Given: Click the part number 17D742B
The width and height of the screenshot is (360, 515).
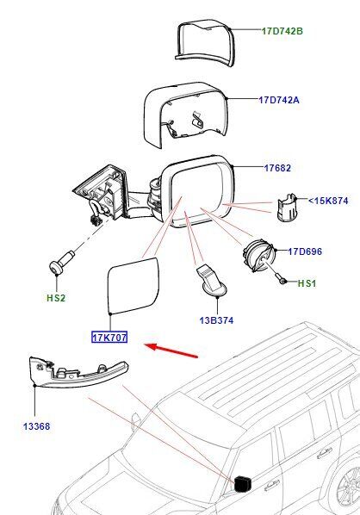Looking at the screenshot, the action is (x=282, y=31).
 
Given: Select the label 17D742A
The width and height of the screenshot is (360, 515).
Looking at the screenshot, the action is (x=279, y=100).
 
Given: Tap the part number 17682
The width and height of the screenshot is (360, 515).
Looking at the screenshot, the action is (x=277, y=168).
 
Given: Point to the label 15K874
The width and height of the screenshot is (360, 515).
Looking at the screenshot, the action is (x=331, y=201).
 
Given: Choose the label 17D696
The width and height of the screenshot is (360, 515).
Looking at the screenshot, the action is (x=305, y=251).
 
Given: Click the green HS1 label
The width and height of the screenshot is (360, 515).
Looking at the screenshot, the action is (x=307, y=283).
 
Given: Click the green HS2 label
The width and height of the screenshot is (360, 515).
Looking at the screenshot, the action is (x=56, y=298).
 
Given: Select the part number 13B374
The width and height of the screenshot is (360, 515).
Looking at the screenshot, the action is (x=216, y=320).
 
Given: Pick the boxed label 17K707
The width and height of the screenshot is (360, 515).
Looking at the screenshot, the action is (x=109, y=337).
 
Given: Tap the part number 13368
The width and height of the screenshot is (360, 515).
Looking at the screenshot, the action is (x=36, y=426).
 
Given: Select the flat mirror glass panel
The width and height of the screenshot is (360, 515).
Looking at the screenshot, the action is (x=133, y=287).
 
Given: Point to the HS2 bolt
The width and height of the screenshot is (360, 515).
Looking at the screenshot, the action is (x=61, y=262).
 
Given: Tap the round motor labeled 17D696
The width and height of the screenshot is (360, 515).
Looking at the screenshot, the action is (x=258, y=256).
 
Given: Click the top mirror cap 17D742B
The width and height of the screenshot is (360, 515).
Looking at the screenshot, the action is (x=205, y=43).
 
